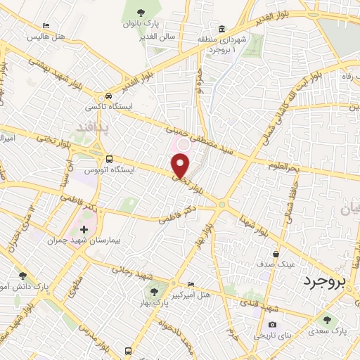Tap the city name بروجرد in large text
[326, 282]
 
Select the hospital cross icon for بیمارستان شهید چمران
[84, 229]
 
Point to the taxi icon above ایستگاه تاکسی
[108, 96]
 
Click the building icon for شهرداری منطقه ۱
[221, 30]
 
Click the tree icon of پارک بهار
[152, 291]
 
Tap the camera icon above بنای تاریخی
[272, 326]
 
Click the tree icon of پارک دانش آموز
[23, 276]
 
